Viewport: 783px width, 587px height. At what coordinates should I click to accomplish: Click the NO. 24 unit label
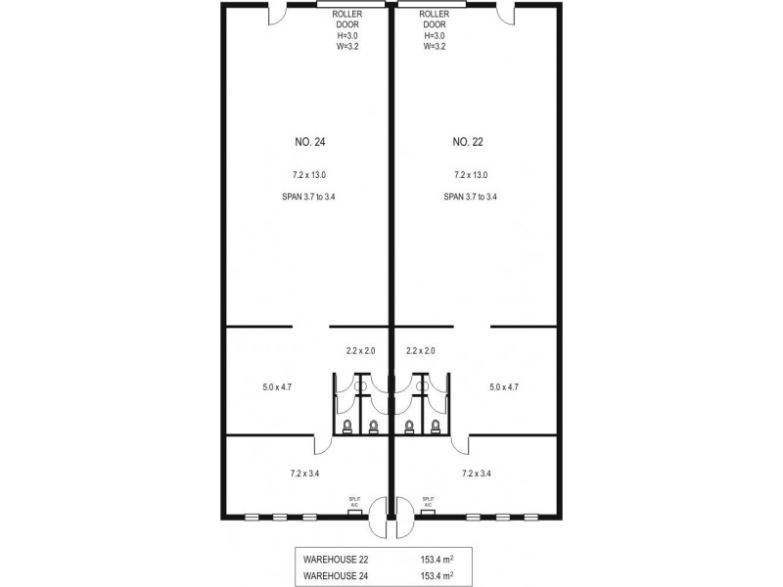point(310,142)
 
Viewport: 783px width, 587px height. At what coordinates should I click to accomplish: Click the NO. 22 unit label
point(468,142)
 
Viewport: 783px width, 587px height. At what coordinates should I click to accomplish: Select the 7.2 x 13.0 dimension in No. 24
point(309,175)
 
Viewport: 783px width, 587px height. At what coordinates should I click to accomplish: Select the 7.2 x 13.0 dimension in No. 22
point(471,175)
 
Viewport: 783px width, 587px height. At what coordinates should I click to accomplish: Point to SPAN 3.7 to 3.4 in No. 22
point(471,197)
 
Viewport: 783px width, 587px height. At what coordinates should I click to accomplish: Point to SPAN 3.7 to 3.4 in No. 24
point(308,197)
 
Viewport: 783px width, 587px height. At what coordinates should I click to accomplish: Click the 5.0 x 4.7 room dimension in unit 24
point(277,386)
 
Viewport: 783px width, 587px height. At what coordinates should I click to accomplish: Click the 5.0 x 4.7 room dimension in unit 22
point(504,386)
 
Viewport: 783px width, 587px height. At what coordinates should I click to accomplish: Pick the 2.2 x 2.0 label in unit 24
point(360,351)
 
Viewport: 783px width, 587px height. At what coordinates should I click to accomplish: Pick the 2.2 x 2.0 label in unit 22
point(421,351)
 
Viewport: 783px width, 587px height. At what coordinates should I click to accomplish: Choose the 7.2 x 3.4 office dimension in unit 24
point(304,474)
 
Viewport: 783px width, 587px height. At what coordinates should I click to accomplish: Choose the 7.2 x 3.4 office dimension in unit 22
point(477,474)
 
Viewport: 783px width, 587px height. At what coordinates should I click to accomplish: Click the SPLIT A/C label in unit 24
point(354,502)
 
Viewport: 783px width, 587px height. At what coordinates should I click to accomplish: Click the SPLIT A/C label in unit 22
point(428,502)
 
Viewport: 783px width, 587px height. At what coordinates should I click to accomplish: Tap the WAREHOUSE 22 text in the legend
point(336,560)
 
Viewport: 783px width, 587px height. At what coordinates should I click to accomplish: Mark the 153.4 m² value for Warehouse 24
point(437,575)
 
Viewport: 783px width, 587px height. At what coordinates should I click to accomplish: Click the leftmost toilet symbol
point(347,427)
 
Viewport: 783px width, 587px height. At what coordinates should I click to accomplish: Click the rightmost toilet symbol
point(436,427)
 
